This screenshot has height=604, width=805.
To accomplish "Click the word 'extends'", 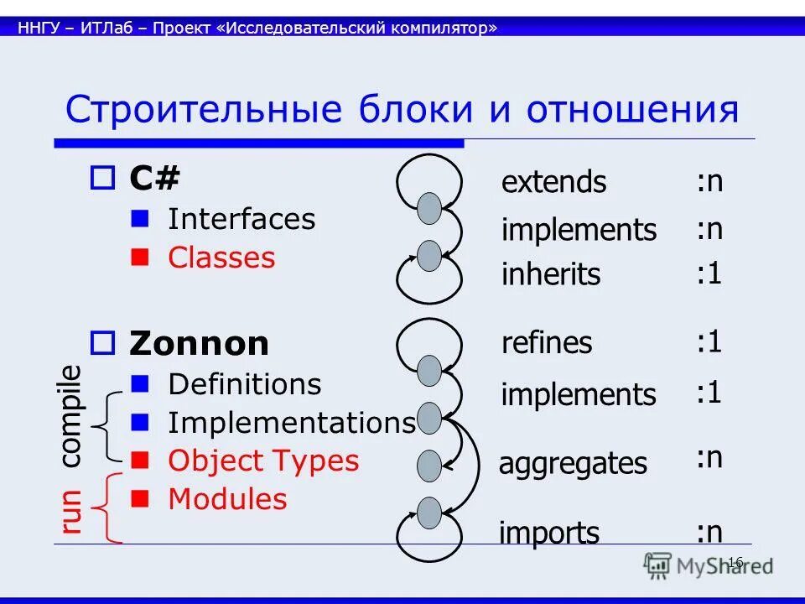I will pos(553,182).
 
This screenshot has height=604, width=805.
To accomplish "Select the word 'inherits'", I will pos(551,274).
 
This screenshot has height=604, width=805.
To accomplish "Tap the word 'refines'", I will pos(547,343).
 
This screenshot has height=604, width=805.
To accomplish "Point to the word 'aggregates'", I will pos(573,464).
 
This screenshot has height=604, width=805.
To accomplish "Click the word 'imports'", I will pos(549,533).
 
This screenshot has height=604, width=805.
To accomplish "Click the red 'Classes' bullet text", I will pos(221,258).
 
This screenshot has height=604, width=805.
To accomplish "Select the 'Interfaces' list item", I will pos(241,220).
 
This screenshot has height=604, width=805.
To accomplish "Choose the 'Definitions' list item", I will pos(244,384).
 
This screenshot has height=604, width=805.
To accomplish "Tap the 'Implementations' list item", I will pos(291,423).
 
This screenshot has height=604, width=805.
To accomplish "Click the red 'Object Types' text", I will pos(263,461).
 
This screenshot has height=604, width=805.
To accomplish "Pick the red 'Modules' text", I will pos(227,499).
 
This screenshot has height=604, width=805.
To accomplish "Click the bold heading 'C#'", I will pos(154,178).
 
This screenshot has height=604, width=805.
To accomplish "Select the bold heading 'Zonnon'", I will pos(199,344).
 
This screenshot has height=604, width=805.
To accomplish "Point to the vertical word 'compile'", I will pos(71,416).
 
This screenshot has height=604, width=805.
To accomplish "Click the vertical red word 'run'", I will pos(71,511).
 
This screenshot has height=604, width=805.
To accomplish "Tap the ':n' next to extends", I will pos(709,181).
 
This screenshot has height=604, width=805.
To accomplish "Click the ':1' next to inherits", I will pos(709,273).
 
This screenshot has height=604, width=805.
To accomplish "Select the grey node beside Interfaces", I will pos(429,208).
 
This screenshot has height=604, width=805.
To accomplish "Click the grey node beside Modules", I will pos(429,513).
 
